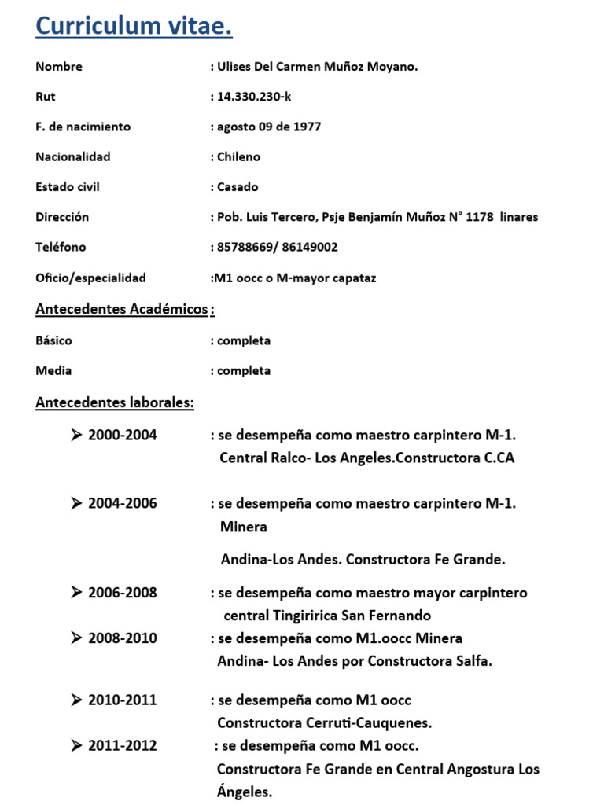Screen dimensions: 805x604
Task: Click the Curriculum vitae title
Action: click(x=134, y=27)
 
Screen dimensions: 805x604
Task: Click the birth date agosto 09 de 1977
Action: click(x=269, y=127)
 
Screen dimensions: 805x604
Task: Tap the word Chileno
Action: click(x=238, y=156)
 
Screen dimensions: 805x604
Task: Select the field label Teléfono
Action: click(x=61, y=247)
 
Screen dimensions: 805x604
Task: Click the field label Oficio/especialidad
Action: click(x=90, y=278)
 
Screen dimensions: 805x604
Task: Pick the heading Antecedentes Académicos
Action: click(x=122, y=309)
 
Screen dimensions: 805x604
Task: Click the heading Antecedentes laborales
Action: click(x=115, y=403)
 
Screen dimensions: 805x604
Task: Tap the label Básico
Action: click(x=53, y=340)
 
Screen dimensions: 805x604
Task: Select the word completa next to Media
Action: click(x=244, y=370)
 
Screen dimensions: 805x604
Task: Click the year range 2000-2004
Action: click(x=123, y=436)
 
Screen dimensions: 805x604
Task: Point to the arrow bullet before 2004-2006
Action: click(x=76, y=504)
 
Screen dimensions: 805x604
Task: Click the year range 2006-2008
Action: click(x=123, y=593)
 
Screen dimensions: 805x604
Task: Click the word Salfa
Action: click(x=473, y=661)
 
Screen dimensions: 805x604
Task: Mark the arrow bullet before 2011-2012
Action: click(x=76, y=745)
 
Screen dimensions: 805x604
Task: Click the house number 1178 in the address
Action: click(x=480, y=217)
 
